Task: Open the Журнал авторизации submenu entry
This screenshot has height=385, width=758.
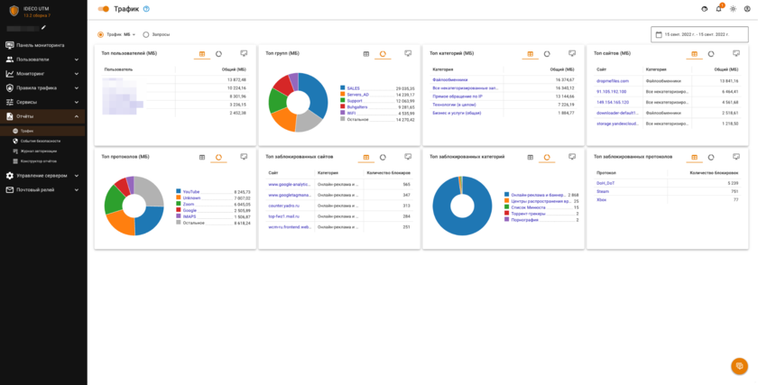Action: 38,151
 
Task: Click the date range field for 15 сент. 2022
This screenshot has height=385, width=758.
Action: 699,34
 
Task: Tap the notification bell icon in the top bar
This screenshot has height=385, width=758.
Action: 718,9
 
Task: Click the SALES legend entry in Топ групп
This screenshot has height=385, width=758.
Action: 353,88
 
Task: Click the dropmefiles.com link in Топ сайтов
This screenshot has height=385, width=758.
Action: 612,80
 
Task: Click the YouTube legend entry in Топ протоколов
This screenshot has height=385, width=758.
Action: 191,191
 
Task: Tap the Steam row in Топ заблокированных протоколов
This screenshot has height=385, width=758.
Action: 605,191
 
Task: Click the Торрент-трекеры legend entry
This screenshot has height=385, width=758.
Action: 528,214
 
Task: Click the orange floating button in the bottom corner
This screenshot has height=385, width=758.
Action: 739,365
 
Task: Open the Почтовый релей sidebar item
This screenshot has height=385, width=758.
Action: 36,189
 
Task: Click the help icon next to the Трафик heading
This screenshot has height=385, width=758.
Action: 146,9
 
